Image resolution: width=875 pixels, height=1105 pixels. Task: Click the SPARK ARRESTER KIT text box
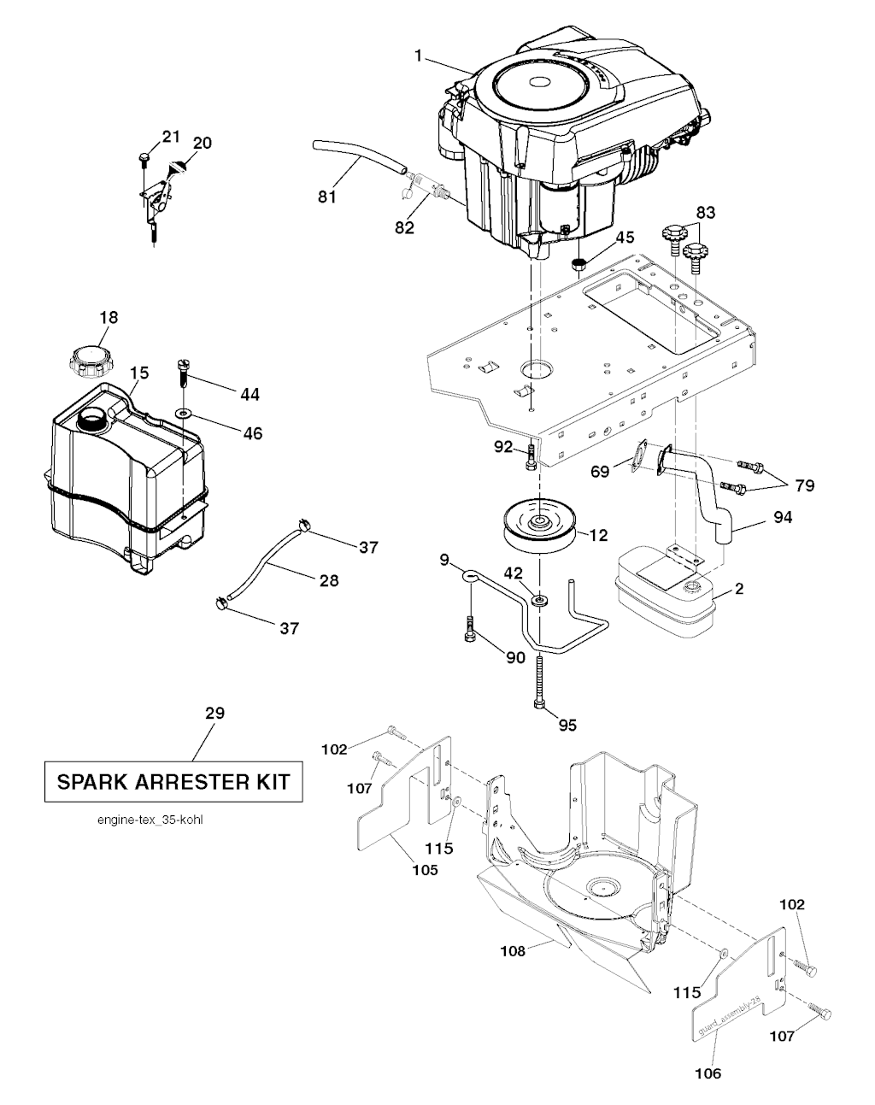pyautogui.click(x=173, y=781)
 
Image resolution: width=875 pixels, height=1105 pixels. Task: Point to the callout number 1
pyautogui.click(x=419, y=56)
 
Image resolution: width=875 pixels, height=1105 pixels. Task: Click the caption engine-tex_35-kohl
pyautogui.click(x=150, y=820)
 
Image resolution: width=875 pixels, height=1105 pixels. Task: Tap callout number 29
pyautogui.click(x=215, y=713)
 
